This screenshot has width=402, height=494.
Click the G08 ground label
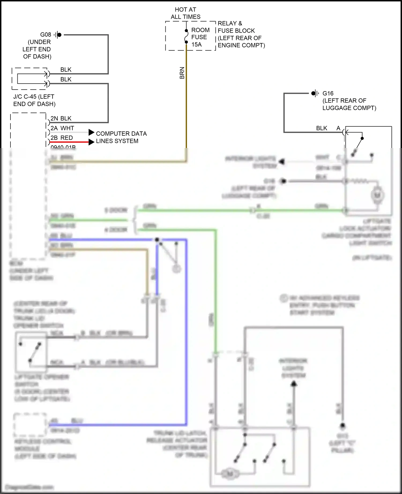pos(46,35)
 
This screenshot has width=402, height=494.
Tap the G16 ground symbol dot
pos(313,93)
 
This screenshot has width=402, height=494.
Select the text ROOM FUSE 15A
pos(200,37)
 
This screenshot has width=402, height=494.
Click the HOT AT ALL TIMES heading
pos(185,13)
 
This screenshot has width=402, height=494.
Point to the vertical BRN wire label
pos(182,73)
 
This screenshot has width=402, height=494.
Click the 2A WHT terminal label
pos(62,128)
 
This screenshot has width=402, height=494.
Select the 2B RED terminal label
pos(62,138)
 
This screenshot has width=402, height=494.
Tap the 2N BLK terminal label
pos(61,118)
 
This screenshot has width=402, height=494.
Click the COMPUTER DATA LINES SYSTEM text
pos(121,137)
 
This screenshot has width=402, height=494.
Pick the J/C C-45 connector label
pos(34,100)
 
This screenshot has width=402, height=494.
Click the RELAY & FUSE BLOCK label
pos(241,34)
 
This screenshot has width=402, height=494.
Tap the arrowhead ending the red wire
pos(91,142)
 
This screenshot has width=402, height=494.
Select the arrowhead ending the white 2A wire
pos(91,132)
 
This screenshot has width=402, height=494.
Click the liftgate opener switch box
pos(31,352)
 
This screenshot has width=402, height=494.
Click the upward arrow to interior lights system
pos(294,385)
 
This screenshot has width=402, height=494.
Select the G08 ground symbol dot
pos(59,35)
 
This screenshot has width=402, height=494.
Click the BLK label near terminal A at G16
pos(322,128)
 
